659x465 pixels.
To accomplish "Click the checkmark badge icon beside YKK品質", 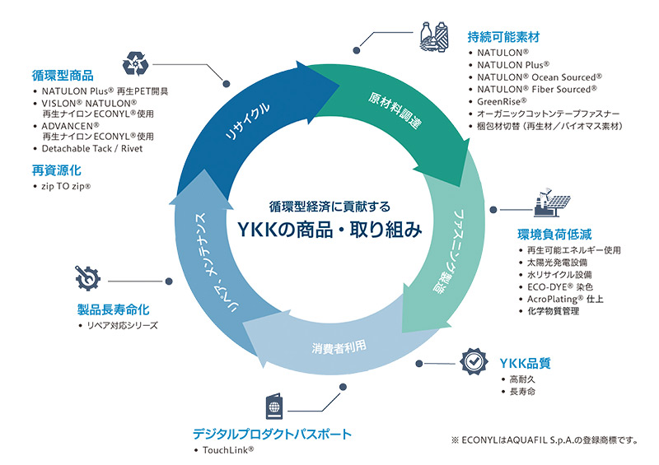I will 472,361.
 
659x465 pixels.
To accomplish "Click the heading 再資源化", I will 56,171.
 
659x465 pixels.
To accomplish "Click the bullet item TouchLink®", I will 227,450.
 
